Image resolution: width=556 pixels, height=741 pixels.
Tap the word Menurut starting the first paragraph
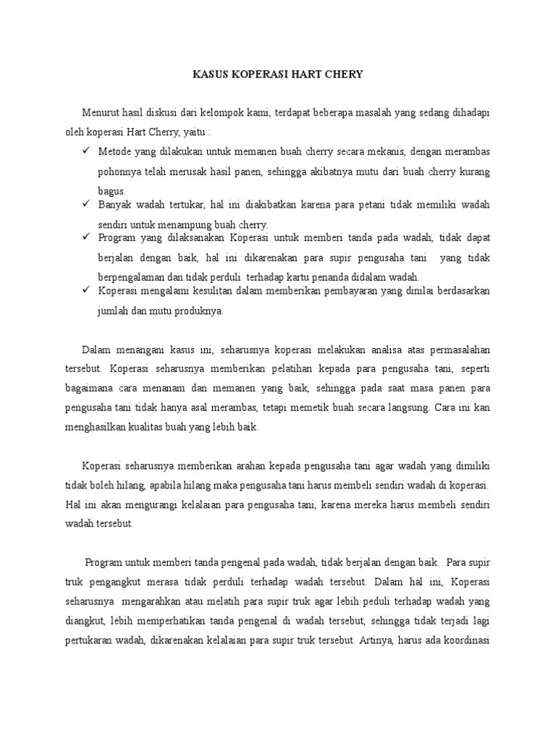point(99,111)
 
